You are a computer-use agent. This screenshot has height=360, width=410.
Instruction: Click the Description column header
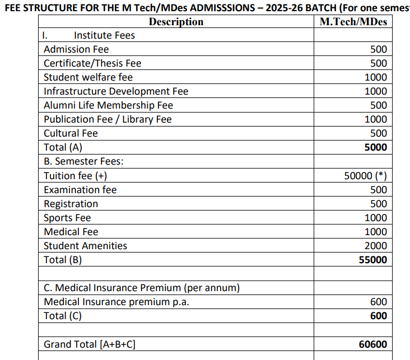click(x=176, y=22)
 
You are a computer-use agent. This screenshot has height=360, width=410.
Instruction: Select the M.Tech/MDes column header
click(x=353, y=22)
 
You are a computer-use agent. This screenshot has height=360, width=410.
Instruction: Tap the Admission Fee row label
click(x=76, y=49)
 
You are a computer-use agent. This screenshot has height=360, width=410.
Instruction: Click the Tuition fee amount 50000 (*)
click(x=365, y=176)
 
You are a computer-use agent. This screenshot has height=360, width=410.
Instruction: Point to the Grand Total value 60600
click(x=372, y=344)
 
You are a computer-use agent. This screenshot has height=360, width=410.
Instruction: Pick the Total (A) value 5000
click(x=375, y=148)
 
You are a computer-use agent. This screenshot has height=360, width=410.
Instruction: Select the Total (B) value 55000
click(x=372, y=260)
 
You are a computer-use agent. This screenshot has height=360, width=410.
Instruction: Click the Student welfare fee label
click(x=88, y=77)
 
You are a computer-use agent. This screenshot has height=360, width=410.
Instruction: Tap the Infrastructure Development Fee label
click(x=116, y=91)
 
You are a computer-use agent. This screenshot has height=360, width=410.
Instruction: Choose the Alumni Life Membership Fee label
click(x=108, y=105)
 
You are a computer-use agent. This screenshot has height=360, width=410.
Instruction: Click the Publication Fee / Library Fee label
click(x=108, y=119)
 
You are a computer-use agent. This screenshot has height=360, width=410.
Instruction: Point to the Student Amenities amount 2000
click(x=375, y=246)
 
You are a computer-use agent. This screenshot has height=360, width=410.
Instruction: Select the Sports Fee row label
click(x=67, y=218)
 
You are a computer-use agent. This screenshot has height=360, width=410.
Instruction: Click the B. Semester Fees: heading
click(x=83, y=162)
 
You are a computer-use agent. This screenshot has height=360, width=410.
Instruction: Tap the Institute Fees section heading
click(x=104, y=35)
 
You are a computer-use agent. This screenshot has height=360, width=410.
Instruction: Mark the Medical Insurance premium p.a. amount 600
click(x=379, y=302)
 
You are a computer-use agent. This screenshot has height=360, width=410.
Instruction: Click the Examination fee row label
click(x=80, y=190)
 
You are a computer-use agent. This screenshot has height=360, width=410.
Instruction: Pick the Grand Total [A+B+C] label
click(x=90, y=344)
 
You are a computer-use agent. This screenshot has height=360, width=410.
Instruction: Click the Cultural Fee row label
click(x=71, y=133)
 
